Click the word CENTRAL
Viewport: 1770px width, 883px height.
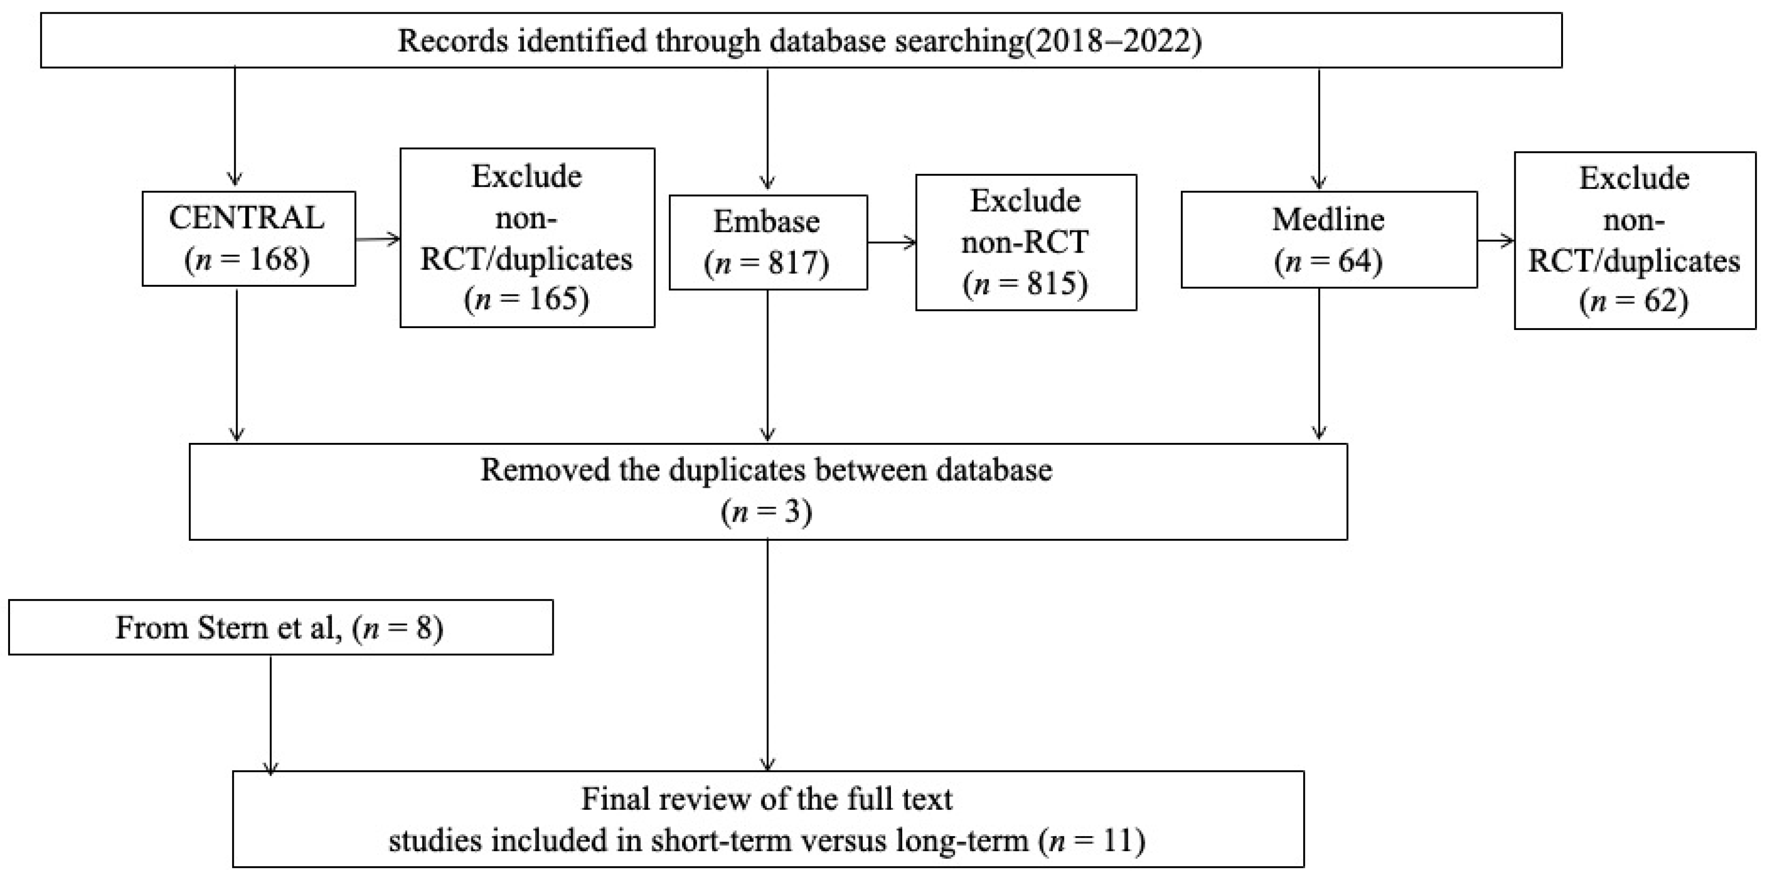click(x=247, y=218)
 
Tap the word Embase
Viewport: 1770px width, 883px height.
click(x=767, y=221)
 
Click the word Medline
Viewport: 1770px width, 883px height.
click(x=1328, y=219)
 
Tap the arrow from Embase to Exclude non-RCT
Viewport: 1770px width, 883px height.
click(x=892, y=242)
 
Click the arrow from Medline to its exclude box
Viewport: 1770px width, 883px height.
click(x=1496, y=240)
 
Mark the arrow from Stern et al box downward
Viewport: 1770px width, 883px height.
click(x=271, y=716)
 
